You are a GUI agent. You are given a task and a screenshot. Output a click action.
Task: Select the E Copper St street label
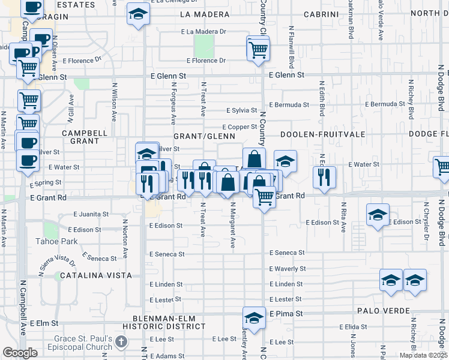pos(240,127)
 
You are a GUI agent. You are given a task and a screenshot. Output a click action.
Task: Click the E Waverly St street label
pos(288,269)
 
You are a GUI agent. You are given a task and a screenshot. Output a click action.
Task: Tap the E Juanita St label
pos(91,214)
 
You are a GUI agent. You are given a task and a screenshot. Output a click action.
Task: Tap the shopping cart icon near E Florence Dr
pos(258,49)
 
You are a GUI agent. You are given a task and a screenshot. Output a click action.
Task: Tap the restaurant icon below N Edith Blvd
pos(324,177)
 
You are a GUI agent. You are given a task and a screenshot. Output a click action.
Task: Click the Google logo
pos(20,353)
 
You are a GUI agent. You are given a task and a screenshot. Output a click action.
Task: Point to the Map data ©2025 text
pos(423,355)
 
